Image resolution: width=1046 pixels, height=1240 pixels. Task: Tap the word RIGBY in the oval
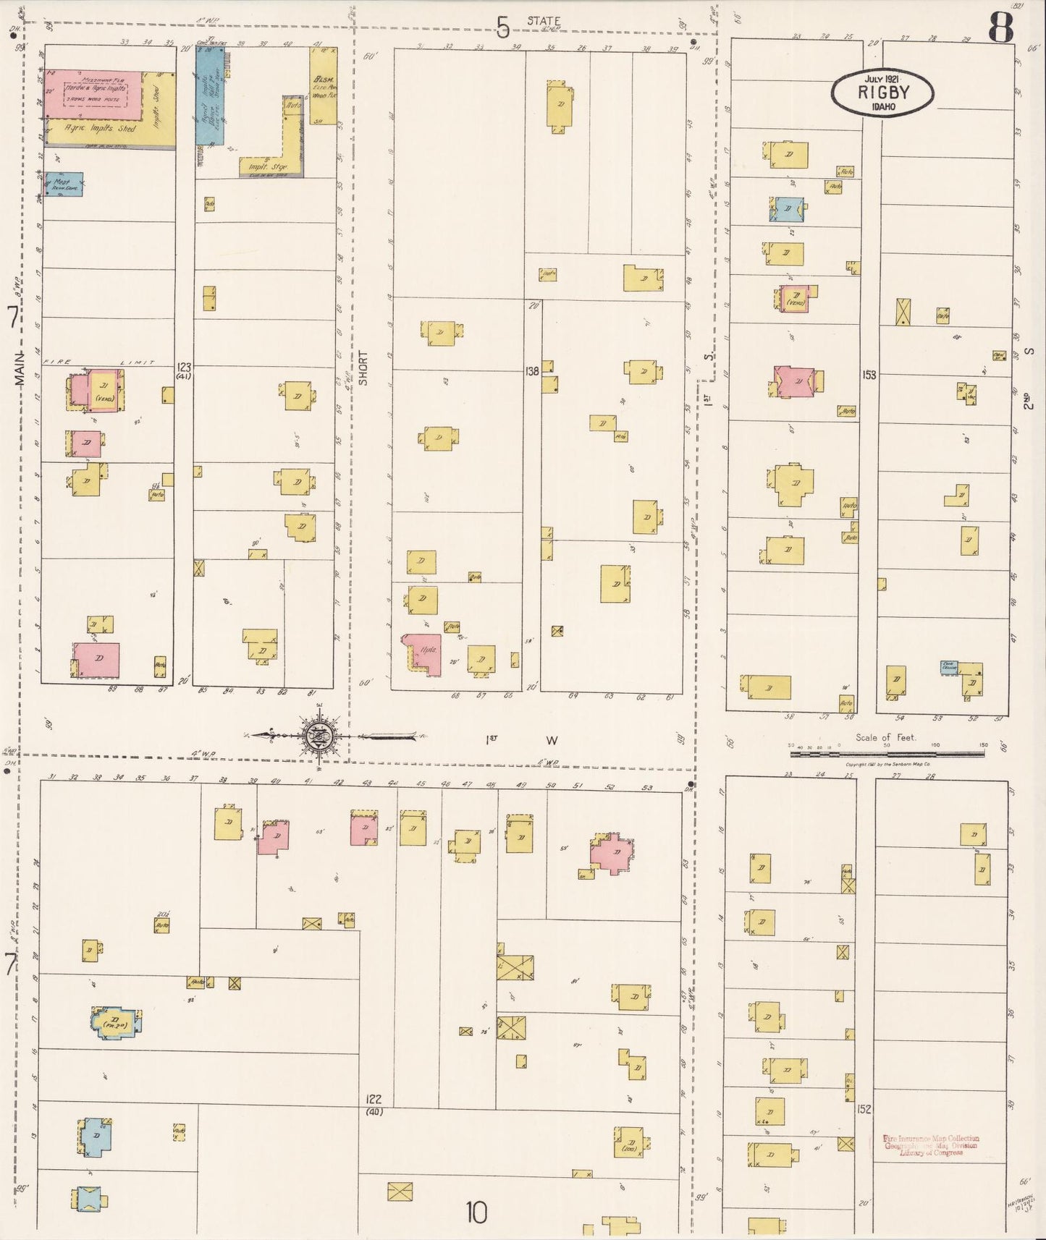click(882, 93)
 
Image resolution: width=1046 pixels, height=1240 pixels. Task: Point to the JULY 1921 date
click(882, 78)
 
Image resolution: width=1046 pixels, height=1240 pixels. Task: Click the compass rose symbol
click(319, 736)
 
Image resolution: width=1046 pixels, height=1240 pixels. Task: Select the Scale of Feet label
click(885, 738)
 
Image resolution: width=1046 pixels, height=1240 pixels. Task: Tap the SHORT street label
click(363, 368)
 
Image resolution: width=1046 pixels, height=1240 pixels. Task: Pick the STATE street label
click(543, 21)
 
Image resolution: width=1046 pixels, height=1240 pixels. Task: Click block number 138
click(532, 371)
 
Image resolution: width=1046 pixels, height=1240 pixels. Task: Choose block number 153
click(869, 375)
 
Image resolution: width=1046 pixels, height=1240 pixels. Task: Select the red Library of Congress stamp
click(929, 1145)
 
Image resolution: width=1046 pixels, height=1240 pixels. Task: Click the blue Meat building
click(64, 184)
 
